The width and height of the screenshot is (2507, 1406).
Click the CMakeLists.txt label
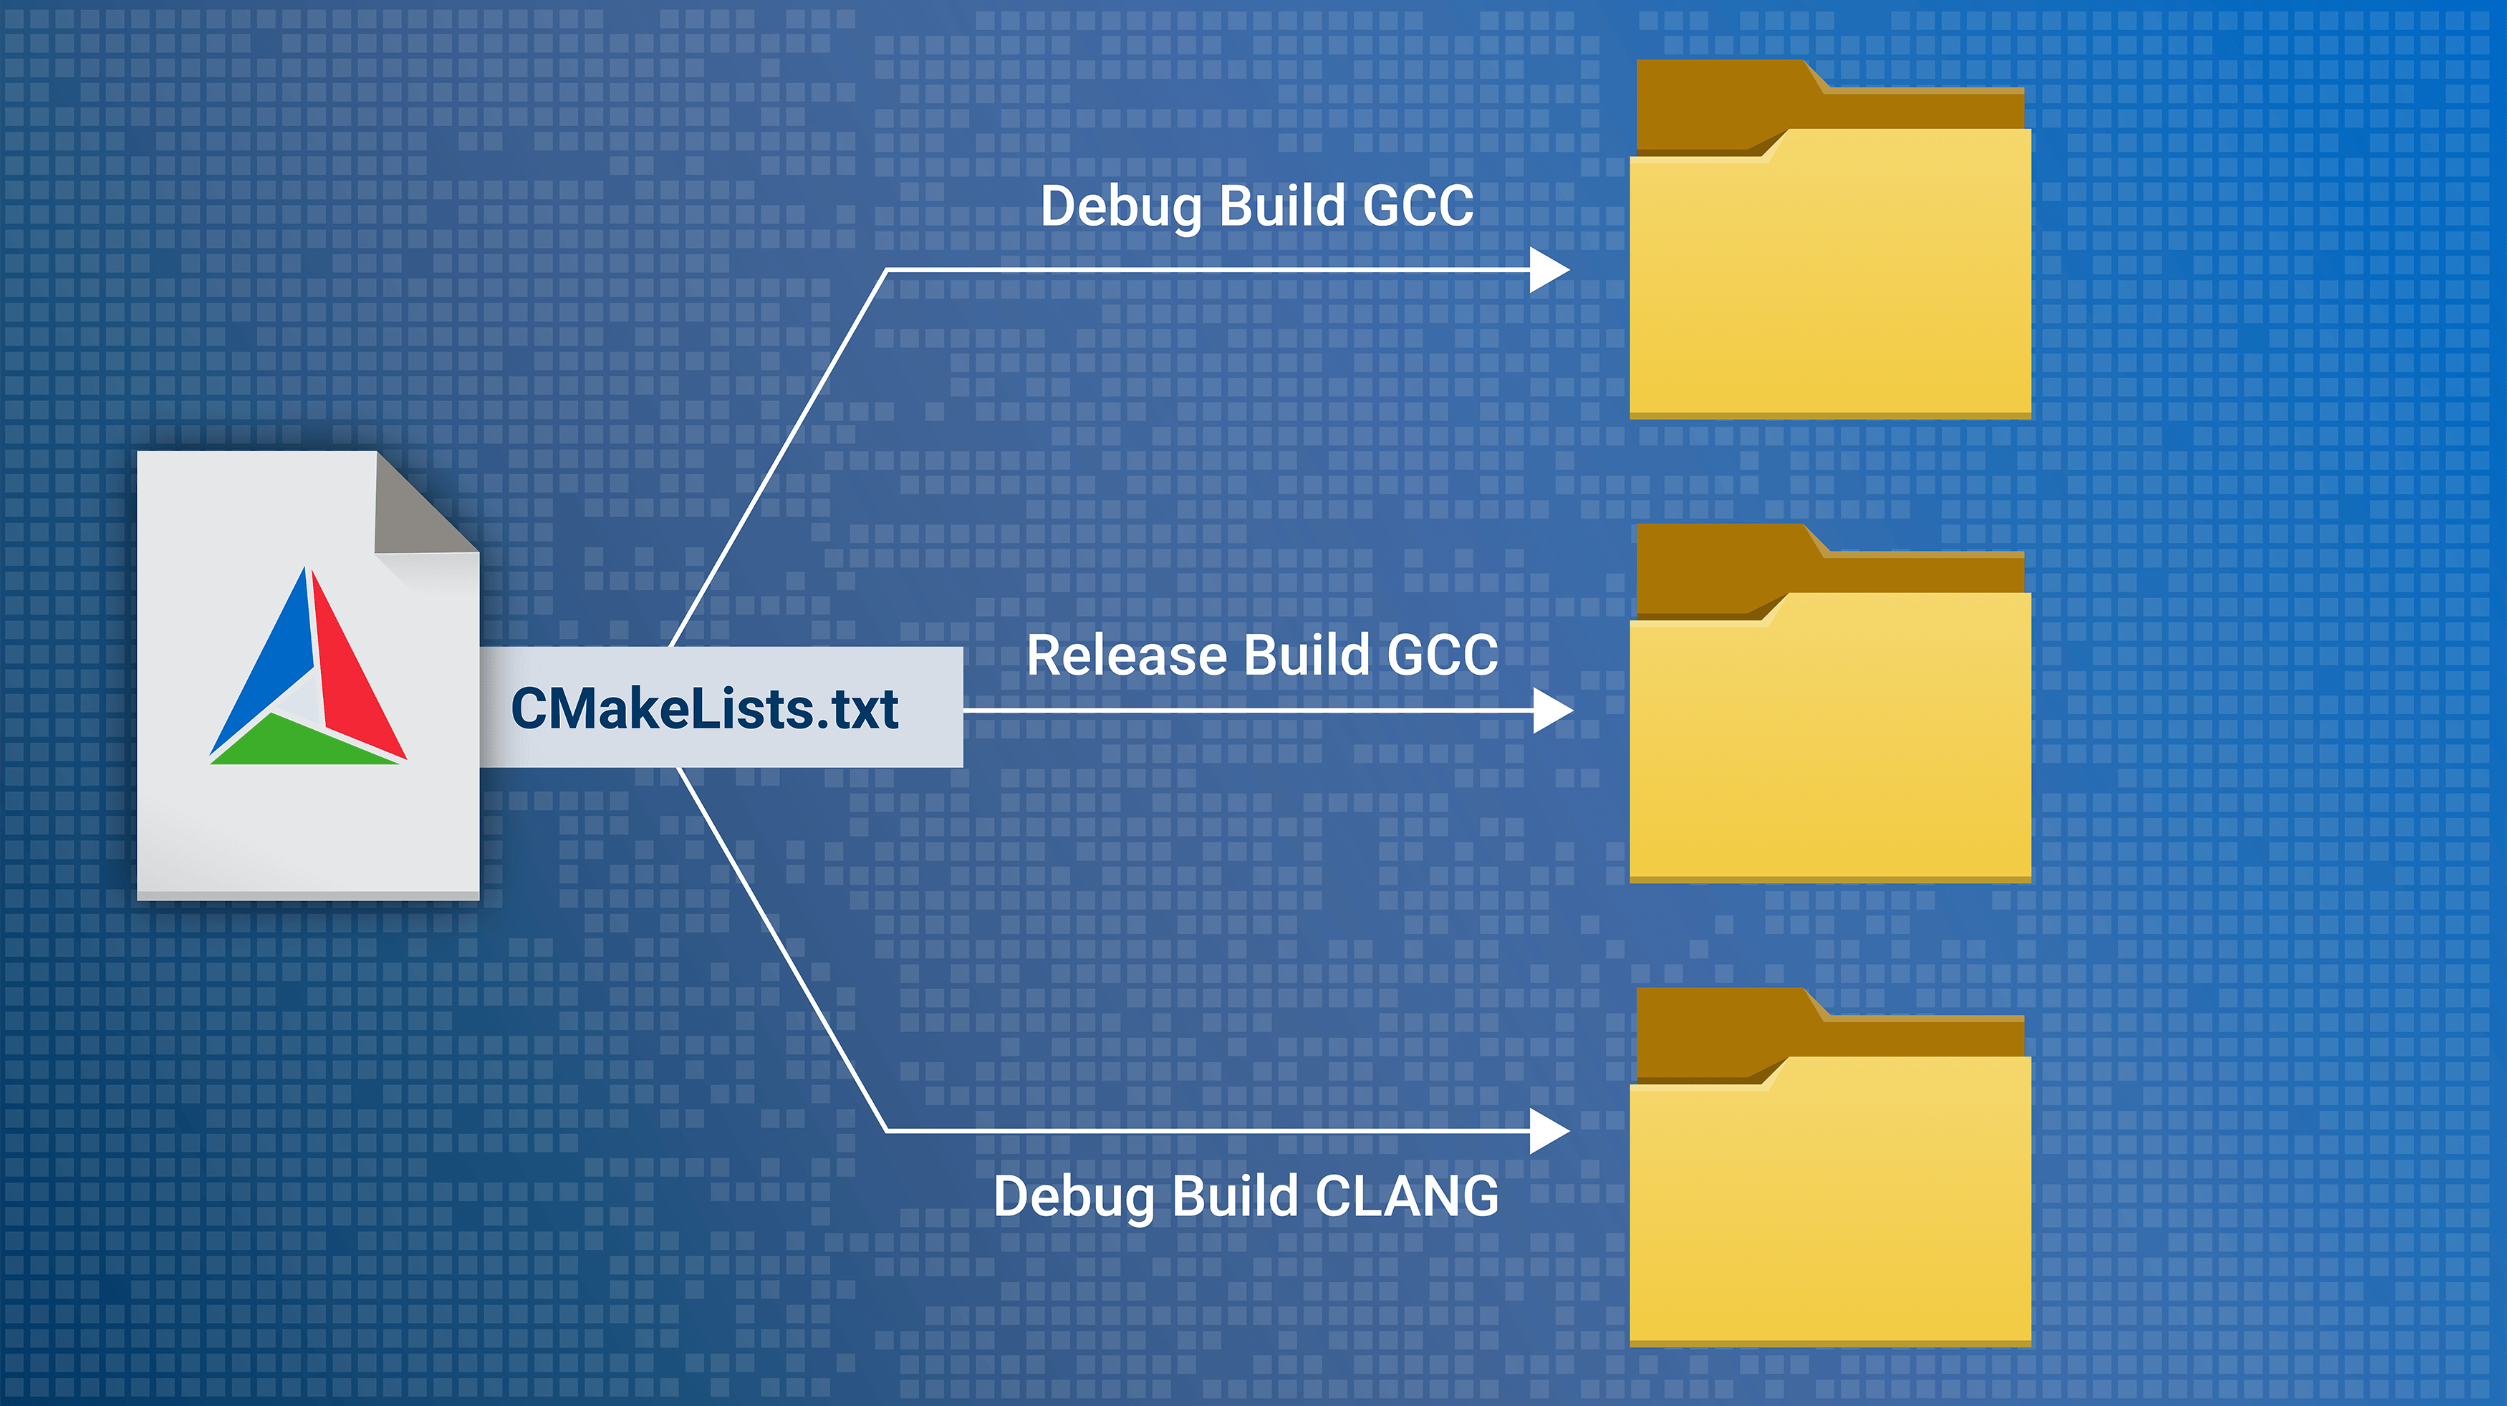705,708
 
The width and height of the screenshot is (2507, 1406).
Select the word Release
1126,655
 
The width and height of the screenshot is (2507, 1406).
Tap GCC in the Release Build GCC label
1443,655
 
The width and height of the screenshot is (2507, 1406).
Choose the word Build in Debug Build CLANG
1235,1196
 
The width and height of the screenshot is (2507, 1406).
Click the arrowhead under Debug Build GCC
1547,269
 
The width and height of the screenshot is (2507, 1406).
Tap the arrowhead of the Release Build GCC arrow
1551,711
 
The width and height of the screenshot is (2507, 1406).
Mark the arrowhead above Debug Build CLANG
1547,1131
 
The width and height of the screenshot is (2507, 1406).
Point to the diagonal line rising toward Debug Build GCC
779,457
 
